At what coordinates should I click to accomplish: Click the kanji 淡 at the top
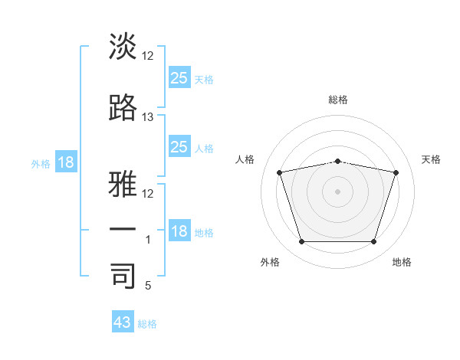(123, 46)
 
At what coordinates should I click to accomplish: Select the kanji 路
(123, 107)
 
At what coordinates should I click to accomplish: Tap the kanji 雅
(123, 184)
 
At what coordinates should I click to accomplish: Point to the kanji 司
(123, 276)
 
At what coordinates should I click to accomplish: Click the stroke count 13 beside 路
(147, 117)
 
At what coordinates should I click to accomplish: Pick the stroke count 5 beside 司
(148, 286)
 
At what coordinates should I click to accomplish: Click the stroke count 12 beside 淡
(147, 56)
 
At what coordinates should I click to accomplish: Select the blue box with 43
(123, 321)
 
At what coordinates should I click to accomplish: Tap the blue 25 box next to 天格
(179, 77)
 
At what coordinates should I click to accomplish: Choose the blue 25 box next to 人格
(179, 146)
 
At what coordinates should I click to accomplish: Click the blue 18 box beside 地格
(179, 230)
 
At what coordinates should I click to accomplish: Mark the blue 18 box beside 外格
(66, 162)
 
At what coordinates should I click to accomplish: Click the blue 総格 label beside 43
(147, 324)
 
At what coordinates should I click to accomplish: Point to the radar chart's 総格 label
(338, 100)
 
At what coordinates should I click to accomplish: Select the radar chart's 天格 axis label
(431, 159)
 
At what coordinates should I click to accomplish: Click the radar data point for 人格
(279, 172)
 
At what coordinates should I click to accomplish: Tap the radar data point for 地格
(374, 241)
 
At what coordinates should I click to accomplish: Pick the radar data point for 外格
(302, 241)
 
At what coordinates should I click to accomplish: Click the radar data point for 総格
(337, 162)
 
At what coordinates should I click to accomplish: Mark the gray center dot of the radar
(337, 191)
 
